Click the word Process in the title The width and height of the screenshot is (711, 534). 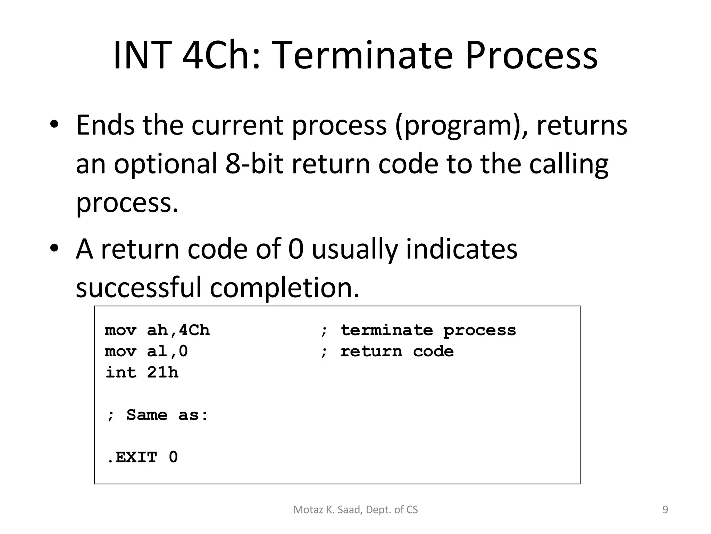531,56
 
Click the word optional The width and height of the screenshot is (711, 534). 165,164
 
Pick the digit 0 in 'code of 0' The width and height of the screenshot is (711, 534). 296,249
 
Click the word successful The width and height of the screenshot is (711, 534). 139,287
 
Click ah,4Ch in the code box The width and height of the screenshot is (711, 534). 178,330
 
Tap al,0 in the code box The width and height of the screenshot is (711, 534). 167,351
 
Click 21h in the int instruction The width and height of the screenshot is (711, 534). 162,373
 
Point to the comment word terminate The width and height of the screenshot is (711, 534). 386,330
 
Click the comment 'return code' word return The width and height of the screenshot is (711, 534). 371,351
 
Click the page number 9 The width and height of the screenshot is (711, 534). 665,510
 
